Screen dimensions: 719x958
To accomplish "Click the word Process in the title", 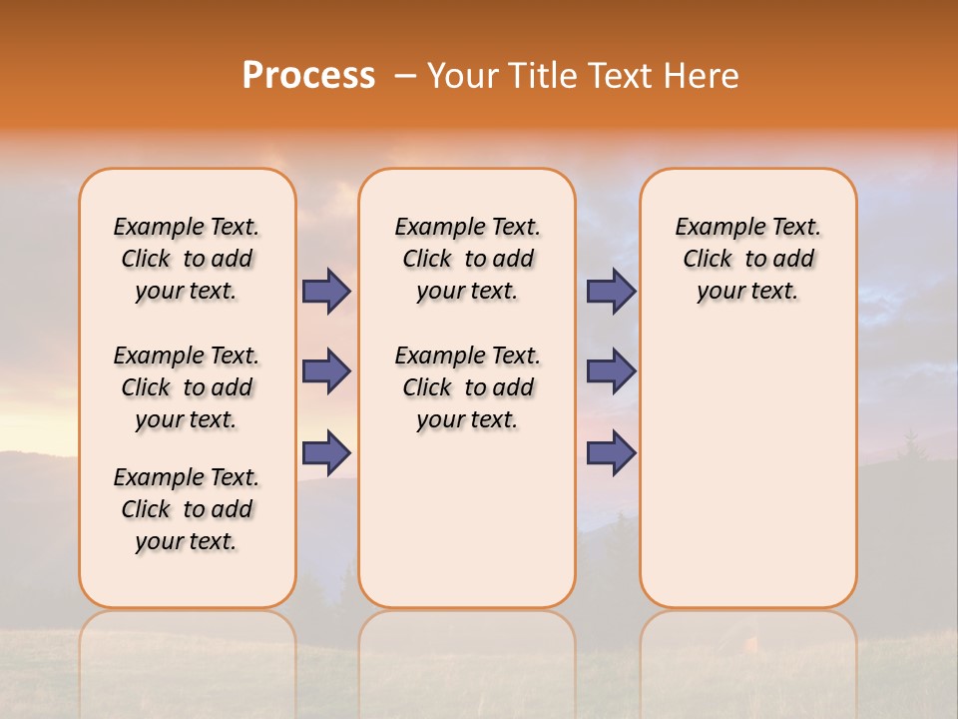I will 308,75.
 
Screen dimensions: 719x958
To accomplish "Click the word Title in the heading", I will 543,75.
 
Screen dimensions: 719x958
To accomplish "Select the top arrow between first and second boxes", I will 326,291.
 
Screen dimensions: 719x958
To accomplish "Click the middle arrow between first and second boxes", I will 326,371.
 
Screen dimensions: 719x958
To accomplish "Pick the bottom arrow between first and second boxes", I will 326,453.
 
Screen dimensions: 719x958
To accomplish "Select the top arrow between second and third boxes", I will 611,291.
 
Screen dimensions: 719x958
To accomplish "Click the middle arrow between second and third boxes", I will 611,371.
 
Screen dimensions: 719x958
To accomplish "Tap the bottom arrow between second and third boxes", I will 611,453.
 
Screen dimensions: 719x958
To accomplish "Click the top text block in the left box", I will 187,259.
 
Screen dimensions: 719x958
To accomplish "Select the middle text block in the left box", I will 187,387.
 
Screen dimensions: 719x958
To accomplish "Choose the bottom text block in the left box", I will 187,509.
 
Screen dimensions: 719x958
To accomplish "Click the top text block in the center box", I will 467,259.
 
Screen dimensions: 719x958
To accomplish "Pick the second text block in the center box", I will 467,387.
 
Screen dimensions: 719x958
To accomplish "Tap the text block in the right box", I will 747,259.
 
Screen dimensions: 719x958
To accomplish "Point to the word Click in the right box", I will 708,260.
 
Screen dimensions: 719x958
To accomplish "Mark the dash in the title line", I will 405,76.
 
